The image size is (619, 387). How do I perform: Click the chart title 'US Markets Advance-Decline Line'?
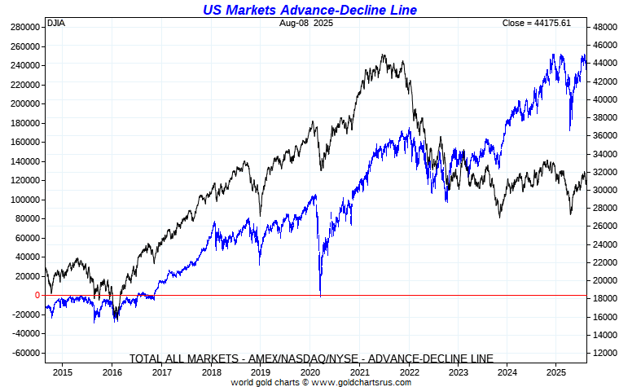[309, 10]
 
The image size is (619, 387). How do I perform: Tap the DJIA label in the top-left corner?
[56, 23]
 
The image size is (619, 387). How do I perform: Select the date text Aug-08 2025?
[305, 23]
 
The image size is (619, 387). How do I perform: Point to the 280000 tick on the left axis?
[24, 27]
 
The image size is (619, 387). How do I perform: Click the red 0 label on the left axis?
[37, 295]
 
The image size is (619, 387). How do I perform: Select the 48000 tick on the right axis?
[606, 27]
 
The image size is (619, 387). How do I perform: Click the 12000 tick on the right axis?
[606, 353]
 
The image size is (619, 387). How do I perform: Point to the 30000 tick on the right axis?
[606, 190]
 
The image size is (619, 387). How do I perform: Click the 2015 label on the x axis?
[63, 371]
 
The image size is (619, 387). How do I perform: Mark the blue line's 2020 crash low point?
[320, 296]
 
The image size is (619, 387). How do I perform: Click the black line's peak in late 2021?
[383, 55]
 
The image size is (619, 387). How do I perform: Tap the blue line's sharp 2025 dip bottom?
[570, 129]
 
